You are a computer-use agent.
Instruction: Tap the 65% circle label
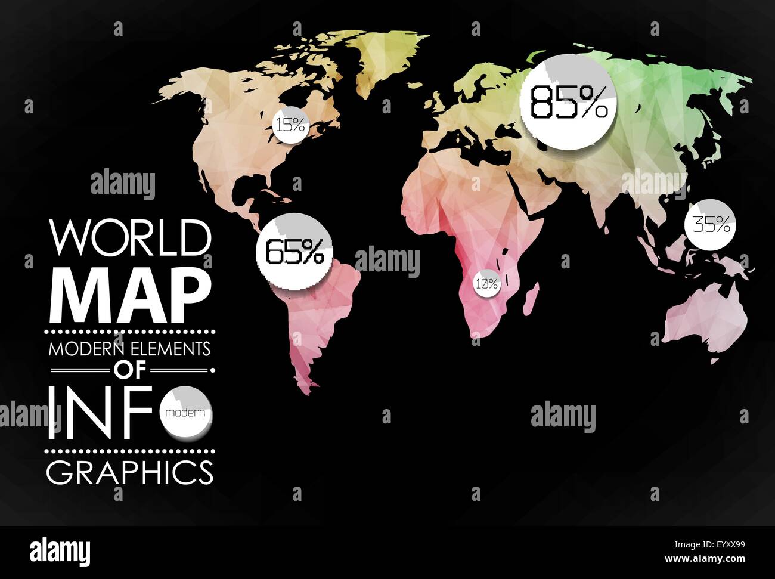pyautogui.click(x=294, y=252)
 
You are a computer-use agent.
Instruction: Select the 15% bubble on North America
pyautogui.click(x=290, y=125)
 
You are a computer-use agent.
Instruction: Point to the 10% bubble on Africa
pyautogui.click(x=486, y=284)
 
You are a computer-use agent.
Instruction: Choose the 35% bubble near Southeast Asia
pyautogui.click(x=711, y=225)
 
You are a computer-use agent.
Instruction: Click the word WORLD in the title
pyautogui.click(x=130, y=237)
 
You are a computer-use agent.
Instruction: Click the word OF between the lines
pyautogui.click(x=130, y=370)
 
